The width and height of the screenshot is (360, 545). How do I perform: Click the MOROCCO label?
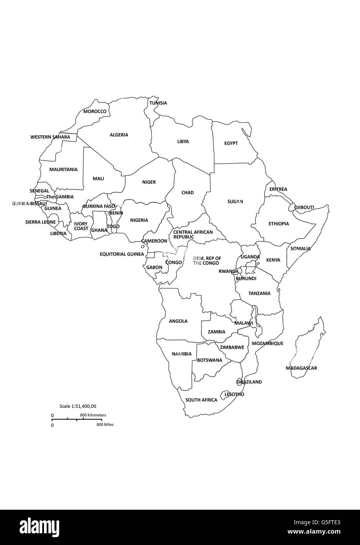click(95, 111)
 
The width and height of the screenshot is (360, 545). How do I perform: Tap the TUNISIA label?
click(158, 103)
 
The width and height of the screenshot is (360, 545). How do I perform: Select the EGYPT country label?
click(231, 143)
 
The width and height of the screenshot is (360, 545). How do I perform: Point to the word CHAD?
click(188, 193)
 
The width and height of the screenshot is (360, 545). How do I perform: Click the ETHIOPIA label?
click(279, 223)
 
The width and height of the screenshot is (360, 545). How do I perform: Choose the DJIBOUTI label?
click(304, 207)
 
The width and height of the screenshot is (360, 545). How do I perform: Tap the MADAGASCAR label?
click(301, 368)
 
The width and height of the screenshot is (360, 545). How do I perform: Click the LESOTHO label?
click(234, 394)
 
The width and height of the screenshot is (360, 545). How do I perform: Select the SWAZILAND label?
click(249, 382)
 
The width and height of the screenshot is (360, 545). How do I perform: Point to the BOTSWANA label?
click(210, 360)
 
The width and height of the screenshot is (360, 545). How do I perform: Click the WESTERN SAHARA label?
click(50, 137)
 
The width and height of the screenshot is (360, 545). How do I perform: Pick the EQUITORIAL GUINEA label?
click(122, 254)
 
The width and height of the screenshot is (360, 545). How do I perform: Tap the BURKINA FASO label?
click(99, 206)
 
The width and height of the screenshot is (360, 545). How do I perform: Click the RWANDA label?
click(228, 271)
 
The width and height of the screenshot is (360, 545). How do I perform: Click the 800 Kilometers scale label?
click(93, 415)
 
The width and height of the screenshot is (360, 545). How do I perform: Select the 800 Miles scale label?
click(105, 425)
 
